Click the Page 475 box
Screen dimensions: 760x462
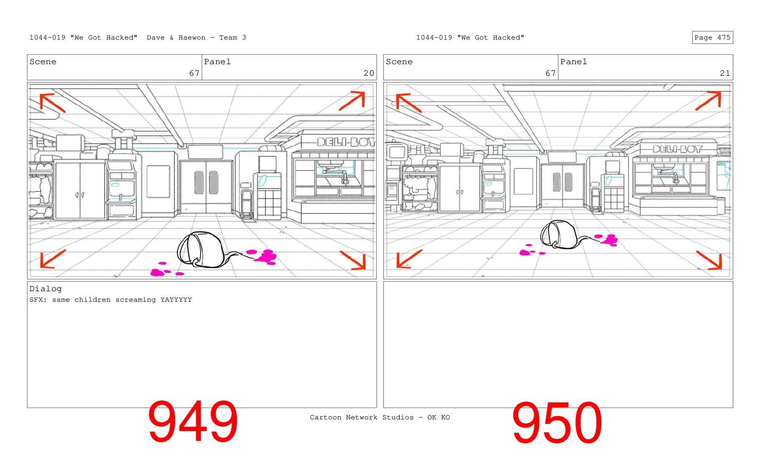pos(712,38)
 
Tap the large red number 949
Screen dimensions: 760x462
pos(193,422)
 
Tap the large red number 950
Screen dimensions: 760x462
pos(557,423)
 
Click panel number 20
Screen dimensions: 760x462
pos(369,73)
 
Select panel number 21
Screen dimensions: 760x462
pos(725,73)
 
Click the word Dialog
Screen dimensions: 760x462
pos(46,289)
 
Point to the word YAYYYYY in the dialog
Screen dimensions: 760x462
pos(176,300)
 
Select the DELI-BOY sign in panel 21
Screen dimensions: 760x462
pos(677,149)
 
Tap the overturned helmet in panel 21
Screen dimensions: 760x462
pos(558,235)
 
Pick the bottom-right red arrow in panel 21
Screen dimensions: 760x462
pos(710,260)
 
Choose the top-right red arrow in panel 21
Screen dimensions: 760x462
pos(709,100)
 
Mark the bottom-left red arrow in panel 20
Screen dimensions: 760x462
pos(52,259)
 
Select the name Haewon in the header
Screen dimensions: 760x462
pos(192,38)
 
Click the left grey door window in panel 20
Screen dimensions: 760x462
pos(199,182)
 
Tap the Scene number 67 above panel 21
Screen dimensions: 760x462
pos(550,73)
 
